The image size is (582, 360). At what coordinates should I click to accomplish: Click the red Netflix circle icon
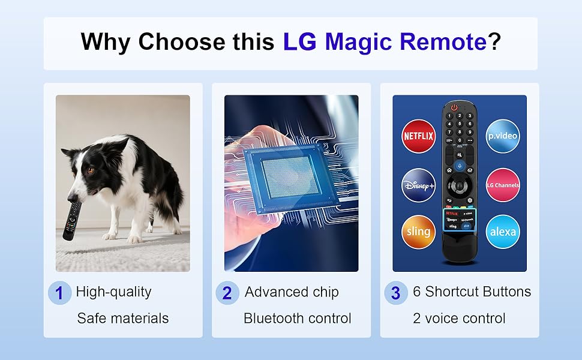418,136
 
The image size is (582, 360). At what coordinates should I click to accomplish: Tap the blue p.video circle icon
502,136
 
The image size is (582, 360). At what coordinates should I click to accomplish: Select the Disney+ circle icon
418,184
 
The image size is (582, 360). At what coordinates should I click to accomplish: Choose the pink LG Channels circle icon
502,185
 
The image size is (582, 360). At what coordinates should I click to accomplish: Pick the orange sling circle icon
418,232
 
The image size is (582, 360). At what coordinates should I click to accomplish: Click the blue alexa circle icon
502,232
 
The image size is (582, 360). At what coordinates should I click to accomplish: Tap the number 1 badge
59,293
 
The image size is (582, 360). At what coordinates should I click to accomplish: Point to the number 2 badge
227,293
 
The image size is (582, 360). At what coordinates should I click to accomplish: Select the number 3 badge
395,293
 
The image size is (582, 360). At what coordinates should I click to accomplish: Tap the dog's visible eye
90,170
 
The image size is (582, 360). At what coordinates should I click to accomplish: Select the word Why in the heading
106,42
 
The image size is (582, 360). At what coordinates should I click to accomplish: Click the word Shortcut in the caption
457,292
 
